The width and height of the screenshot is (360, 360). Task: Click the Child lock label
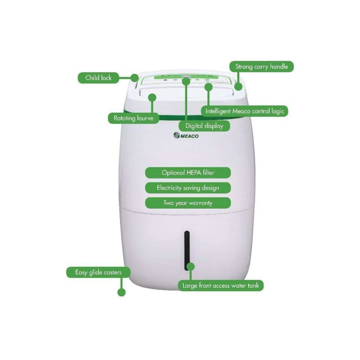[x=98, y=77]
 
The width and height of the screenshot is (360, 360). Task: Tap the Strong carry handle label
[x=261, y=66]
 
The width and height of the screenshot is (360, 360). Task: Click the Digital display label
[x=204, y=126]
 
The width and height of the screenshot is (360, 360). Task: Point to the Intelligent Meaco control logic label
[x=245, y=111]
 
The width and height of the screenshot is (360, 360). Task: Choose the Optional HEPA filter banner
[x=188, y=172]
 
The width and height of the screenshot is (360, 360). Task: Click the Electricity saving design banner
[x=188, y=188]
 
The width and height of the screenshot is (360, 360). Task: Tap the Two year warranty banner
[x=188, y=203]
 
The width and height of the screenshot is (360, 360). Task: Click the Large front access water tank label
[x=222, y=286]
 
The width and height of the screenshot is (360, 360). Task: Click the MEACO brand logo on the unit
[x=186, y=136]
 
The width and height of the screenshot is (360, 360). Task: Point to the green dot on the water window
[x=190, y=266]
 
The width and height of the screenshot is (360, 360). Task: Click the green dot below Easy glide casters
[x=121, y=291]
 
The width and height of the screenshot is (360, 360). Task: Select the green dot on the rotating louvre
[x=152, y=97]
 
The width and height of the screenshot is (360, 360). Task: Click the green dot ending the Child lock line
[x=135, y=77]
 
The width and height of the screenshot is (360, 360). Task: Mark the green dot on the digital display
[x=186, y=83]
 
